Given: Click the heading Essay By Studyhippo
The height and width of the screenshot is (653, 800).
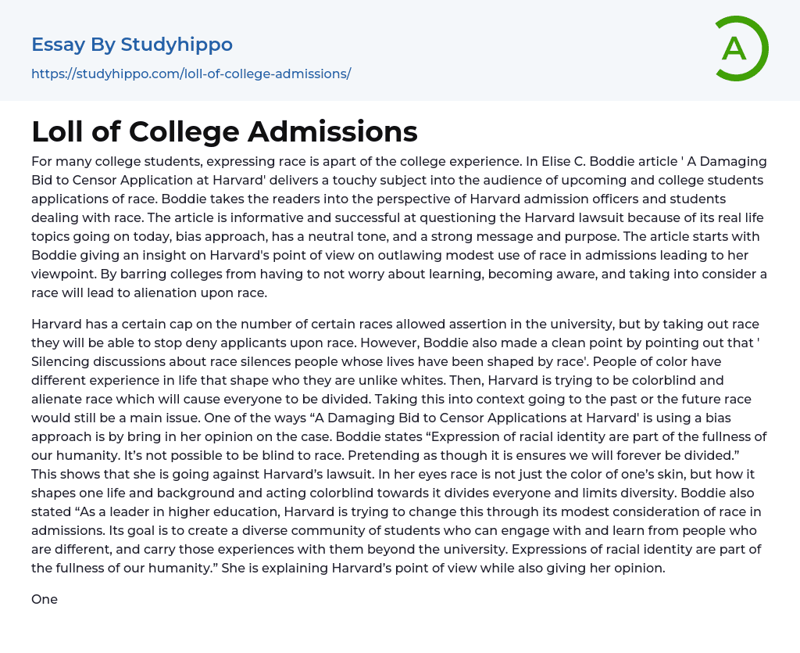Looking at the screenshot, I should point(132,45).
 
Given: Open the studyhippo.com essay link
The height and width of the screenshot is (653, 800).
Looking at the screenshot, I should point(191,74).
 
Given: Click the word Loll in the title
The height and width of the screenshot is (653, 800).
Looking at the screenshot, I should point(59,132).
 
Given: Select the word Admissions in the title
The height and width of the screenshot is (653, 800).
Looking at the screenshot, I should point(333,132).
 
